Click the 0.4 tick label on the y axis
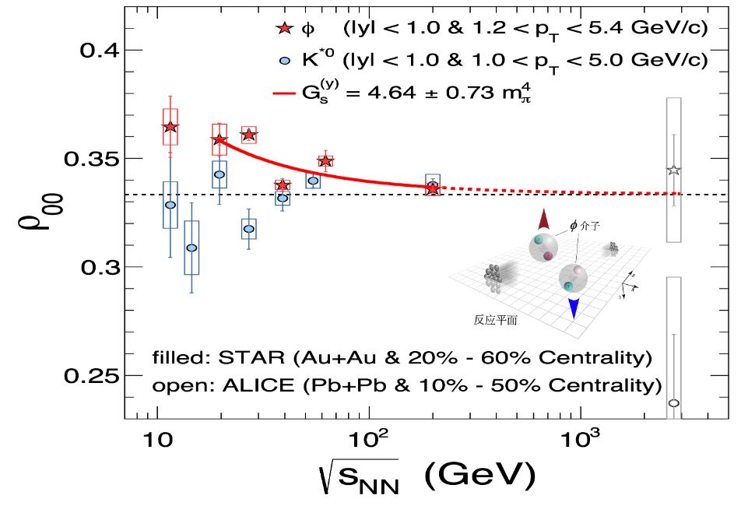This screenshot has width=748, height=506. point(99,51)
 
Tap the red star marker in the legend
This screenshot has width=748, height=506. point(284,30)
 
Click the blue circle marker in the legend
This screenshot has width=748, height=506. point(284,60)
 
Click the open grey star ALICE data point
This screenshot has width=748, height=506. point(674,170)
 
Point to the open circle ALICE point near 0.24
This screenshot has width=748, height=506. point(674,403)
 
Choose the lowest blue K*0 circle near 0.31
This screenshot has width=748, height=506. point(191,248)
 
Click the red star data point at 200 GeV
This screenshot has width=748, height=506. point(433,188)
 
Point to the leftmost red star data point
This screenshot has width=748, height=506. point(170,127)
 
